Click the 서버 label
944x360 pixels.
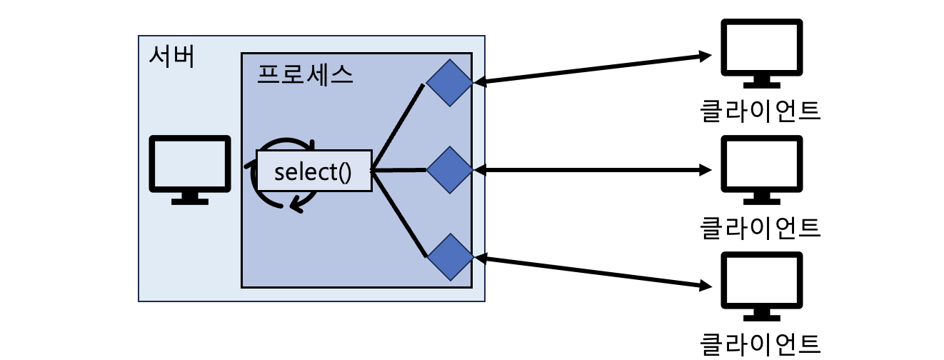coord(171,56)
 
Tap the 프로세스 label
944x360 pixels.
coord(305,74)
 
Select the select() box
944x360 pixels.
coord(313,171)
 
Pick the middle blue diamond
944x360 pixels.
coord(450,170)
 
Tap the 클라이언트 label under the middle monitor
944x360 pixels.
coord(760,227)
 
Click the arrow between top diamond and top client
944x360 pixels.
coord(593,69)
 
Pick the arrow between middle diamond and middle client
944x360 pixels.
coord(593,170)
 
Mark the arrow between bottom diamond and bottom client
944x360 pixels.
coord(593,272)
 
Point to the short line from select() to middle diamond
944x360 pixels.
coord(398,171)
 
